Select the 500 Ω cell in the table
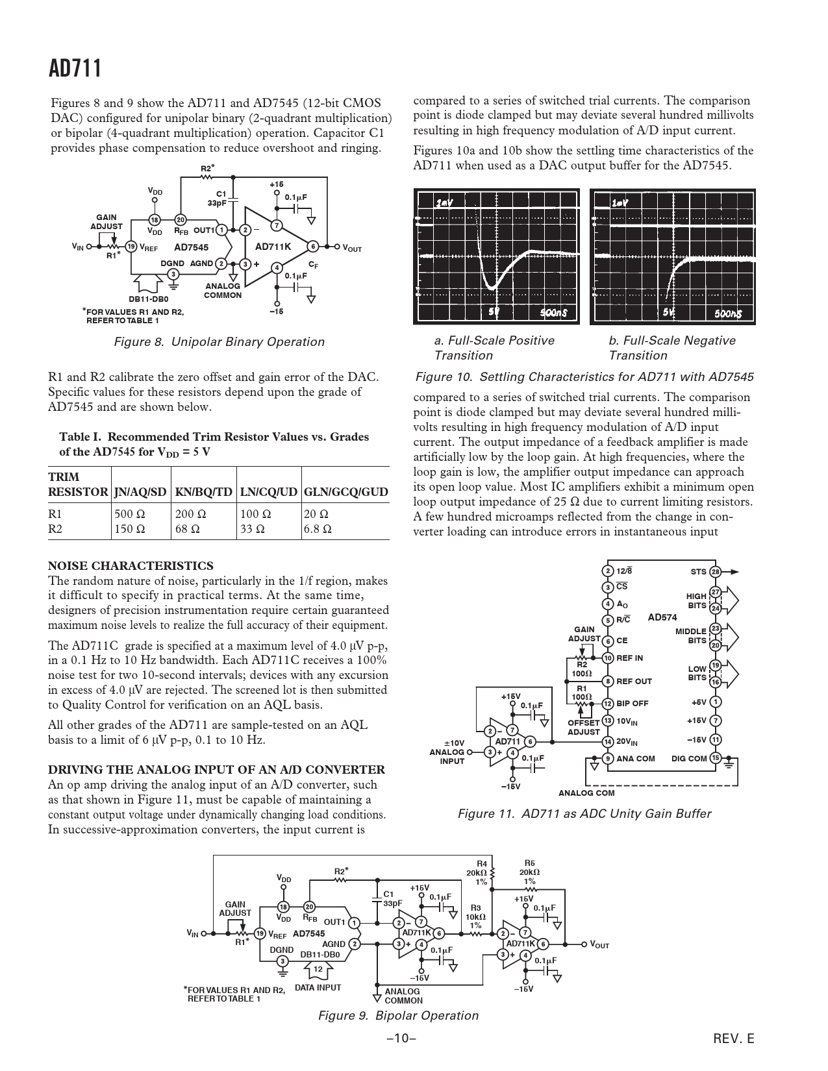tap(129, 513)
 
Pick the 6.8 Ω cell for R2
tap(318, 528)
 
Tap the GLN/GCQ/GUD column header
tap(345, 492)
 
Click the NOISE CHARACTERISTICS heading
tap(131, 566)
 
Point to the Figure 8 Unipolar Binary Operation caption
tap(219, 342)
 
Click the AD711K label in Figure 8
tap(273, 247)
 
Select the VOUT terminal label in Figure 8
tap(352, 248)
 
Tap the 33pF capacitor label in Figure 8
tap(217, 203)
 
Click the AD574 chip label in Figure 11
tap(662, 617)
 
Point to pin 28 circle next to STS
tap(715, 572)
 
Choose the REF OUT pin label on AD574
tap(634, 681)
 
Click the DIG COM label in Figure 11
tap(689, 758)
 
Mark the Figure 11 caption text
tap(584, 813)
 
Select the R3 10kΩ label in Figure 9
tap(475, 915)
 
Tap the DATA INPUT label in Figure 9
tap(318, 987)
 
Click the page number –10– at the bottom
tap(401, 1038)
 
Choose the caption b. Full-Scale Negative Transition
tap(672, 348)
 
